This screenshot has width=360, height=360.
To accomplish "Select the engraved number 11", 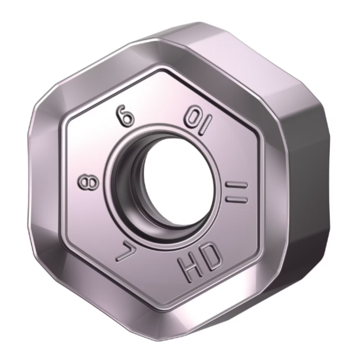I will [237, 192].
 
